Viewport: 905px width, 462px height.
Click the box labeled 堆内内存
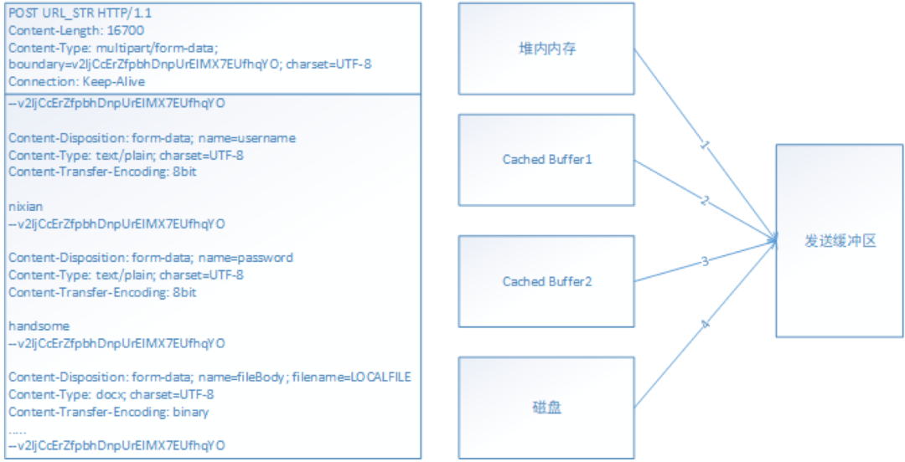coord(546,49)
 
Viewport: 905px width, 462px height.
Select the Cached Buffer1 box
coord(546,159)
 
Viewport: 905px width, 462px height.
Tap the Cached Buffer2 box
coord(546,281)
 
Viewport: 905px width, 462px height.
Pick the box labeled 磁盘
coord(546,407)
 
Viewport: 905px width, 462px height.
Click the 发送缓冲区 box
coord(839,241)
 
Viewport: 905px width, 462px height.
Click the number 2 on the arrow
coord(705,201)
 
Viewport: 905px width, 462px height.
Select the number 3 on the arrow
coord(705,262)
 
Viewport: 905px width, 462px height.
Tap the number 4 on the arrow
coord(705,324)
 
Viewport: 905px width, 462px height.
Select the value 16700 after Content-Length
coord(126,30)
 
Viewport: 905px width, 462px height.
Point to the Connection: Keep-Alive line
coord(76,81)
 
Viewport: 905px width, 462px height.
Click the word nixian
coord(25,206)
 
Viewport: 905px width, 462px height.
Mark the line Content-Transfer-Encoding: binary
coord(108,412)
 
